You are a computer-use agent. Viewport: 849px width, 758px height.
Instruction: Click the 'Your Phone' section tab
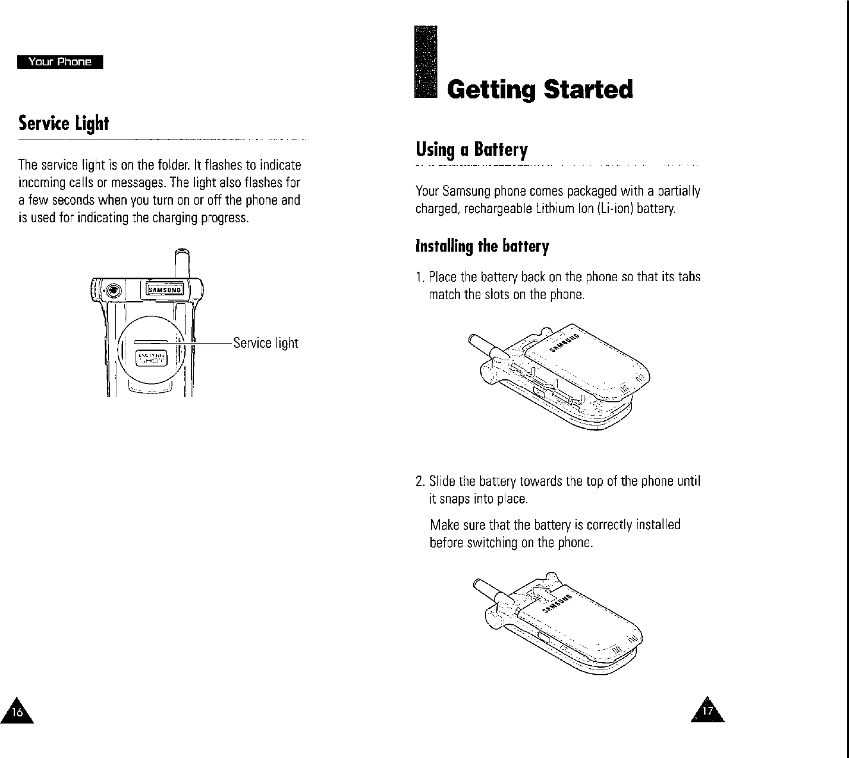tap(61, 62)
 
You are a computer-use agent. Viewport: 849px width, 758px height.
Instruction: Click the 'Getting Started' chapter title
tap(540, 90)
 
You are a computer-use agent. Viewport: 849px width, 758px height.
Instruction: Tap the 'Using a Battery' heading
tap(471, 149)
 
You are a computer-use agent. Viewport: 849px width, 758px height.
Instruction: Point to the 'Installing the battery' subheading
tap(482, 246)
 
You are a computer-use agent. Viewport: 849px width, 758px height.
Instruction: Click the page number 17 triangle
tap(707, 709)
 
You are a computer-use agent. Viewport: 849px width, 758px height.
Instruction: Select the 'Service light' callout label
tap(265, 343)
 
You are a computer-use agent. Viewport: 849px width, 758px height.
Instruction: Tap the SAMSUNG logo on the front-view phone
tap(167, 290)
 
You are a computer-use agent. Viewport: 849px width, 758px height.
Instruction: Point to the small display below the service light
tap(153, 359)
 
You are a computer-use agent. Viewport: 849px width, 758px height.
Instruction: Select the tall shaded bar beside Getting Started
tap(426, 64)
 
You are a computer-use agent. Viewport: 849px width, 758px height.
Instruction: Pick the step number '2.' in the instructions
tap(420, 480)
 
